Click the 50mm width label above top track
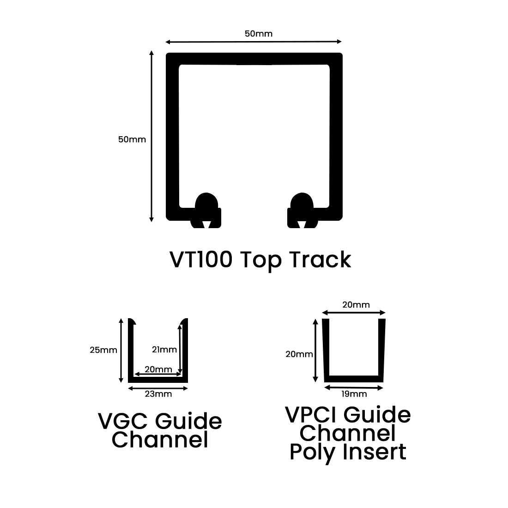[259, 33]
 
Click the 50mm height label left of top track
[132, 139]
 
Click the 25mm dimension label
[103, 350]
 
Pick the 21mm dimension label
[164, 350]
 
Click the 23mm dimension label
[158, 394]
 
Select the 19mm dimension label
[354, 394]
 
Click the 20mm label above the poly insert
[356, 305]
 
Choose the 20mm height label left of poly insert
[299, 355]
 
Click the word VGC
[123, 421]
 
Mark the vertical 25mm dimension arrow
[121, 351]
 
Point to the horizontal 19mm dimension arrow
[354, 388]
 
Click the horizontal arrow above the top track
[254, 42]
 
